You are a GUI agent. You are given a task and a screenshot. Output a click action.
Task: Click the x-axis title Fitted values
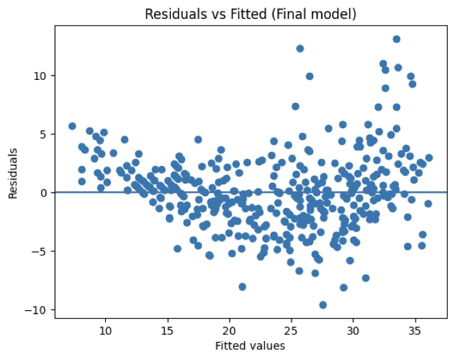[x=251, y=345]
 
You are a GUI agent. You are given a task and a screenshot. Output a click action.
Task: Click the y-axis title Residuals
[x=13, y=173]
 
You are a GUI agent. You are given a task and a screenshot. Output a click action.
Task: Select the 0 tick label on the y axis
[x=43, y=192]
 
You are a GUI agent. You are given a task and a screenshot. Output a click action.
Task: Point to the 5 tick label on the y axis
[x=43, y=134]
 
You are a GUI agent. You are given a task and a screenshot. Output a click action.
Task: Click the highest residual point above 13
[x=397, y=39]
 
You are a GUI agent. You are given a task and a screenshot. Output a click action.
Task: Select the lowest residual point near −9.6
[x=323, y=305]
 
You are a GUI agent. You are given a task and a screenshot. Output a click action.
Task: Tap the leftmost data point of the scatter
[x=72, y=126]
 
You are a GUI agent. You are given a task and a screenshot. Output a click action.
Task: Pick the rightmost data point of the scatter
[x=429, y=158]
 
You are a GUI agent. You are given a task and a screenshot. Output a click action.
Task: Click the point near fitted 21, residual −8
[x=242, y=286]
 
